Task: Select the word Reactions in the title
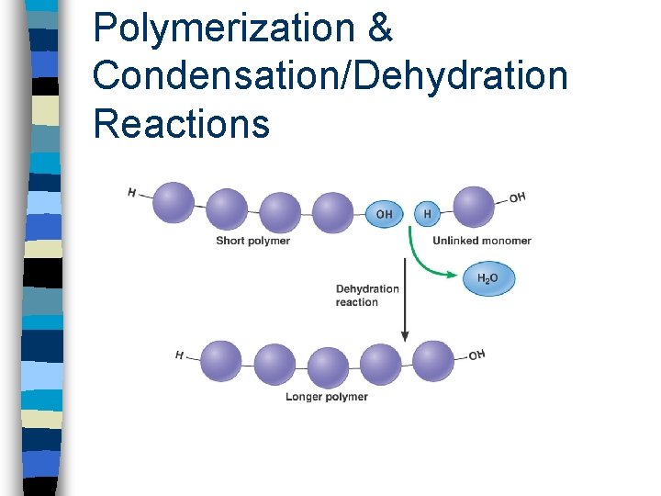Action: (181, 123)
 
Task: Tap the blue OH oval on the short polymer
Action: (384, 214)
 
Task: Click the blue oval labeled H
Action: (427, 214)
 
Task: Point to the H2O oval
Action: (488, 278)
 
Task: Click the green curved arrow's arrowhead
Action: (452, 275)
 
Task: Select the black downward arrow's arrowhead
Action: (405, 336)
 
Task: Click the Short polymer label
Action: (253, 241)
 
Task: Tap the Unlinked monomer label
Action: (482, 241)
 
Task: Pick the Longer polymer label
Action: (327, 397)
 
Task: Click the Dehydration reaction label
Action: (367, 296)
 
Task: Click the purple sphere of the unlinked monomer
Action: (474, 207)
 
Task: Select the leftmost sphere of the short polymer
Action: (174, 202)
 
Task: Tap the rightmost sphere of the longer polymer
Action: (433, 362)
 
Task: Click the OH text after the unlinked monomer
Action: (517, 197)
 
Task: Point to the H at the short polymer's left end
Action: (132, 193)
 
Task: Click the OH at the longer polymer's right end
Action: (476, 355)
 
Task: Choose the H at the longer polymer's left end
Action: (180, 355)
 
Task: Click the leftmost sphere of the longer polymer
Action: (221, 362)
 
